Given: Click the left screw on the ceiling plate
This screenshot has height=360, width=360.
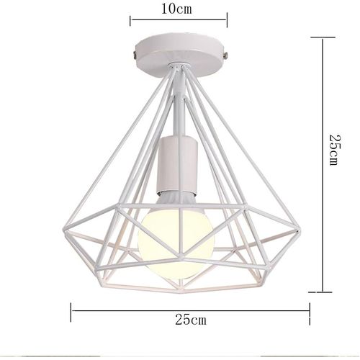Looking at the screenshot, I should point(134,52).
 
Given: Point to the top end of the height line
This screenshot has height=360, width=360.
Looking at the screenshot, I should point(321,39).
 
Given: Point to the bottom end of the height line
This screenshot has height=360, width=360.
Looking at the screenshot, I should point(321,292).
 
